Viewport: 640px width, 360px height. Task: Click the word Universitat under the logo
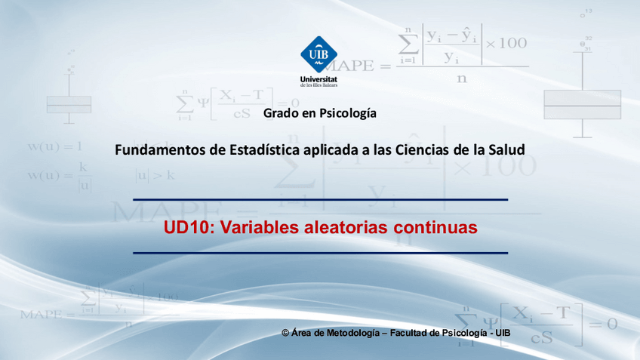coord(318,78)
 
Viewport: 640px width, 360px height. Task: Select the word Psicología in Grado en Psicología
coord(349,114)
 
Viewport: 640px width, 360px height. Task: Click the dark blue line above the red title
coord(320,200)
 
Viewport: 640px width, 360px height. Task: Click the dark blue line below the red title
coord(320,253)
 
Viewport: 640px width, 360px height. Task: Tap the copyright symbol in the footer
coord(285,333)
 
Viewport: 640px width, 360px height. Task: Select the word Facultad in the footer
coord(412,333)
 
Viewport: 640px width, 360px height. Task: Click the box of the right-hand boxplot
coord(582,104)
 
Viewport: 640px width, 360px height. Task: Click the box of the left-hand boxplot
coord(69,104)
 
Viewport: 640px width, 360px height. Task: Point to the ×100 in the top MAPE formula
coord(506,43)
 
